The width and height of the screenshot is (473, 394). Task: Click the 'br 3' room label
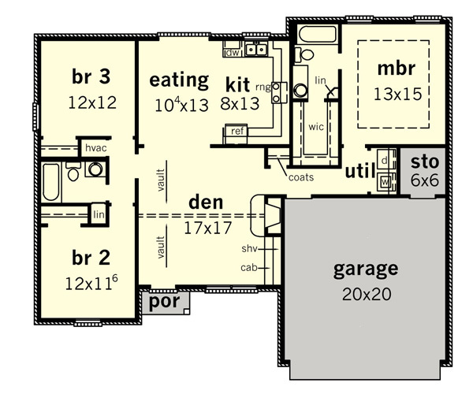[91, 76]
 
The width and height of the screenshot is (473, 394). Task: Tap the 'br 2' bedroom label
[91, 258]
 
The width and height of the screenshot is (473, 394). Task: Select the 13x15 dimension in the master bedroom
[397, 94]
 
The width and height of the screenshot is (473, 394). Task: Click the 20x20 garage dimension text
[367, 294]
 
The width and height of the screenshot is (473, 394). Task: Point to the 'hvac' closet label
[96, 148]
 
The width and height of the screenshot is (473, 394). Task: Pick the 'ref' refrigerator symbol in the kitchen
[236, 133]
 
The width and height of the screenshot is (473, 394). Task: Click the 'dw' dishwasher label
[233, 53]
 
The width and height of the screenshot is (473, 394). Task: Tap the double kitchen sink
[256, 50]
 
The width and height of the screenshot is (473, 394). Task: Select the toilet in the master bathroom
[304, 55]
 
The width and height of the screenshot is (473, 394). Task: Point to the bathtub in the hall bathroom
[50, 182]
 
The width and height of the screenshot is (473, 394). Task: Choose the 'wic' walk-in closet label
[316, 127]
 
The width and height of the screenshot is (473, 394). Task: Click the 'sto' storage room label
[425, 162]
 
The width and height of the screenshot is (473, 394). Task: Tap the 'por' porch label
[165, 301]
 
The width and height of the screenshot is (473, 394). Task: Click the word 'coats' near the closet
[301, 177]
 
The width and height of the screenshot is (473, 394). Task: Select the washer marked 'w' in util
[385, 182]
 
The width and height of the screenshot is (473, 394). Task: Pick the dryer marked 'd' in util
[385, 161]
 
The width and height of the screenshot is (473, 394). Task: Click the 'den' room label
[206, 202]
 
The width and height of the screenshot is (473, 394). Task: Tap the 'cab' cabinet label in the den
[249, 267]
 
